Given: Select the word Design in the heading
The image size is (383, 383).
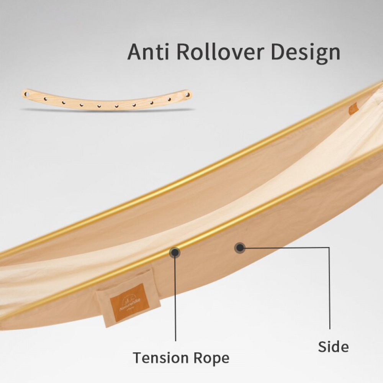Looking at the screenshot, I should (305, 52).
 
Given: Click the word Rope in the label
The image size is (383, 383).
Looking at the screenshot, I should (212, 358).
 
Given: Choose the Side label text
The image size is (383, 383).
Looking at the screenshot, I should (333, 347).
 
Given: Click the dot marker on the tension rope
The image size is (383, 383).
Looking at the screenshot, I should (175, 252).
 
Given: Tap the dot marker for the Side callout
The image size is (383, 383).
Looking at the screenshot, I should (240, 248).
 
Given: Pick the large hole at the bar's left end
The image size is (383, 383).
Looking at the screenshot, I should (28, 93).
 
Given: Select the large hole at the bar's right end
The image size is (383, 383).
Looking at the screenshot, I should (187, 93).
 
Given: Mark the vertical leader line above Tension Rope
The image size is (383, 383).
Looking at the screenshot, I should (175, 299).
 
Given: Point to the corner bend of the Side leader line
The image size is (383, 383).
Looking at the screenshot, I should (329, 248).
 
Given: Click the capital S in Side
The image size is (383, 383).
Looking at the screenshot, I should (322, 347).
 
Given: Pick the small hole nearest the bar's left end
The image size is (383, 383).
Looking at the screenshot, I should (46, 99).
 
